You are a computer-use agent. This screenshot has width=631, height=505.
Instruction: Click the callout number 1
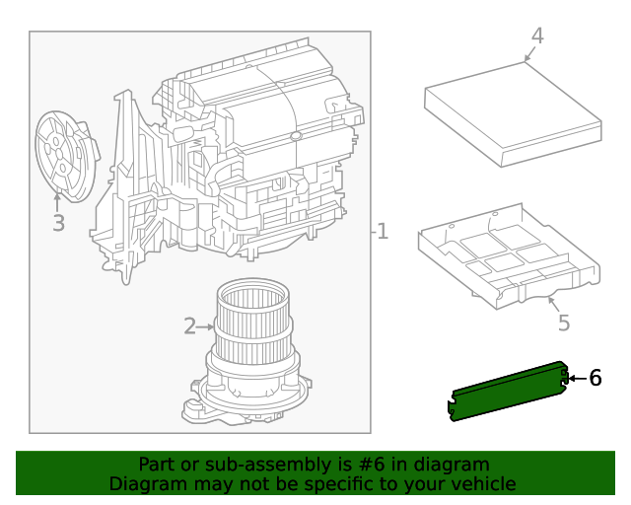[x=383, y=233]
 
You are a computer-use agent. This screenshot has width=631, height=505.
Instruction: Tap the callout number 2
[x=189, y=326]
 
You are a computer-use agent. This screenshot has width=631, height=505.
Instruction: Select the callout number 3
[x=58, y=224]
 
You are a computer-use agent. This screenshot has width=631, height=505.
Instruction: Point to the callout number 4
[x=536, y=36]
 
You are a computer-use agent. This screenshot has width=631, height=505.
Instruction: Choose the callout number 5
[x=563, y=323]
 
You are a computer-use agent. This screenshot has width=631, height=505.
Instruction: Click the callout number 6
[x=595, y=378]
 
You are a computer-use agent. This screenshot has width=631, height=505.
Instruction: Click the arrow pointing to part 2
[x=207, y=326]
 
